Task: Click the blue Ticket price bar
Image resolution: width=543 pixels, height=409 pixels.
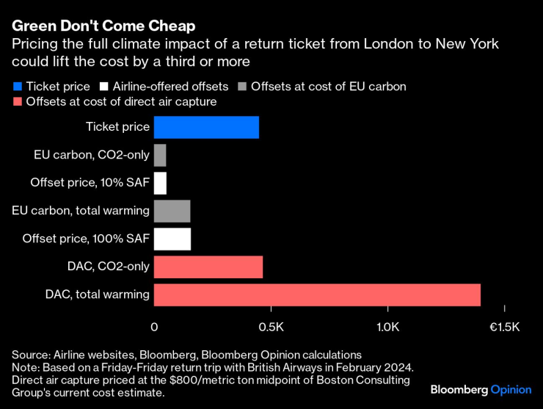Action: [x=206, y=127]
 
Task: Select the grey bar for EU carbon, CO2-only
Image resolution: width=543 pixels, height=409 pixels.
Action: [x=160, y=155]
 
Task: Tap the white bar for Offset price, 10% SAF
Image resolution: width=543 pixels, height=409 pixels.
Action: [x=160, y=183]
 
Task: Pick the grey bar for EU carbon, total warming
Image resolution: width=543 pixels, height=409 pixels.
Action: [x=172, y=211]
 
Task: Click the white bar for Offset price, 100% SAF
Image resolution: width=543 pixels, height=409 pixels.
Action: [x=172, y=239]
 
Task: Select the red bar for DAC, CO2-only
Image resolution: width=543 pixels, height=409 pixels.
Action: [x=208, y=267]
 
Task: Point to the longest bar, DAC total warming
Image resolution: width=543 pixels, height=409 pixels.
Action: [x=317, y=294]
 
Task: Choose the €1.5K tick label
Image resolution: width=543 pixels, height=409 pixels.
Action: [x=503, y=326]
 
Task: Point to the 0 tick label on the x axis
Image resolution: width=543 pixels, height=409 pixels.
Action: [x=154, y=326]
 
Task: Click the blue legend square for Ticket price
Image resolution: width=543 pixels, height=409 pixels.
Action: [x=17, y=87]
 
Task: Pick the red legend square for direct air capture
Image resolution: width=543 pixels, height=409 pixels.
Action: [x=17, y=102]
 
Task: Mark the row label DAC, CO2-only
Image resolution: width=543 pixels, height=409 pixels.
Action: [x=107, y=267]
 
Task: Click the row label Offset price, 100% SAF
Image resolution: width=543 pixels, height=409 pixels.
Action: [x=86, y=239]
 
